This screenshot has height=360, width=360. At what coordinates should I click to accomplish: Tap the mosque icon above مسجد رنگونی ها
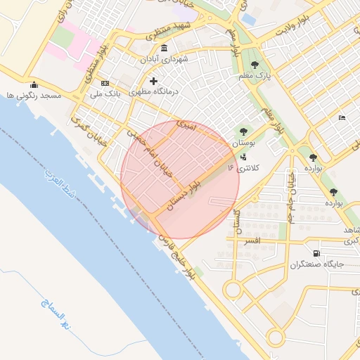tap(34, 85)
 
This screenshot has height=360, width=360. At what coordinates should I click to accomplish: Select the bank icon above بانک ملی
tap(105, 83)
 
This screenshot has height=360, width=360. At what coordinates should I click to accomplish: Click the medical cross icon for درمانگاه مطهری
tap(153, 81)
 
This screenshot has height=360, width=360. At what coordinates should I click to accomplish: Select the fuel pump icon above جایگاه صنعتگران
tap(316, 254)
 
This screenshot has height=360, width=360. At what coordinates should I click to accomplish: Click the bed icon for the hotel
tap(342, 117)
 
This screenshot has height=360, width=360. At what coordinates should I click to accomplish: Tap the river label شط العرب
tap(59, 184)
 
